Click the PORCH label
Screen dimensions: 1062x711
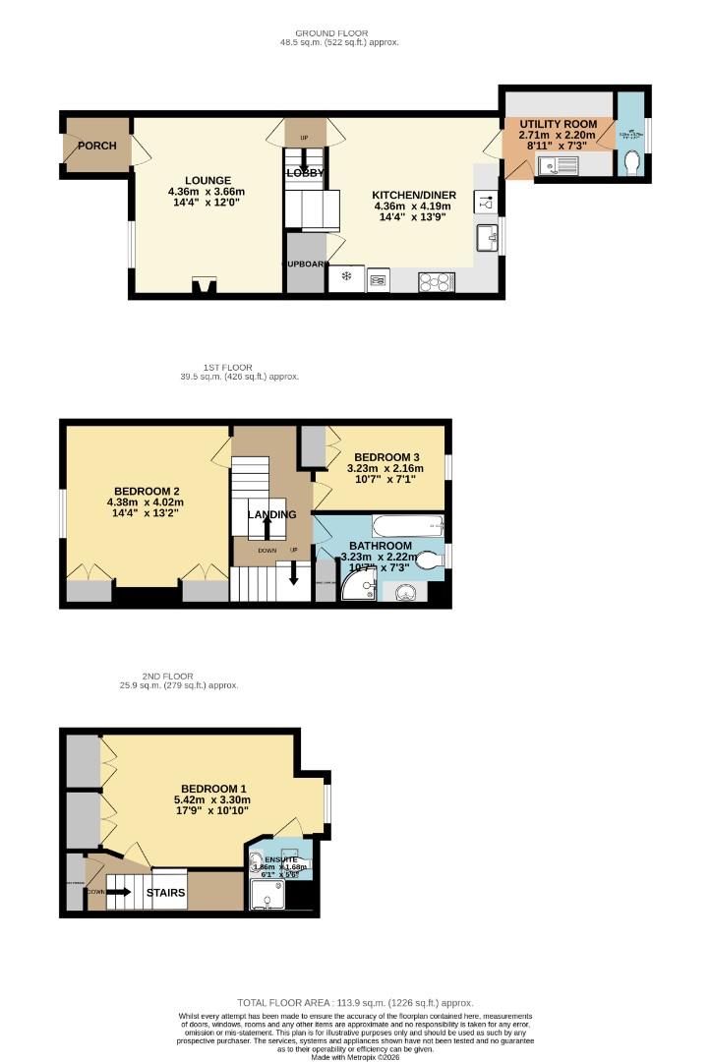[96, 146]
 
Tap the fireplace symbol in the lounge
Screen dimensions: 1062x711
[205, 286]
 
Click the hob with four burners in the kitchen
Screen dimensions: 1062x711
[435, 281]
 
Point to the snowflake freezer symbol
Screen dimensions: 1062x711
[346, 277]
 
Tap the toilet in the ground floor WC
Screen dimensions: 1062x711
[631, 168]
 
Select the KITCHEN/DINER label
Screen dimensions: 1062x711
[414, 195]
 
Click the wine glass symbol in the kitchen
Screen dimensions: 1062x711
[486, 201]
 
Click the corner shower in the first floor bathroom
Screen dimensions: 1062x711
[358, 588]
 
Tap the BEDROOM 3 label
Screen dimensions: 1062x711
[387, 457]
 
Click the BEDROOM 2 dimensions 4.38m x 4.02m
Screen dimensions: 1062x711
[147, 502]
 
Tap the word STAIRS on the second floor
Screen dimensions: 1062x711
[165, 893]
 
